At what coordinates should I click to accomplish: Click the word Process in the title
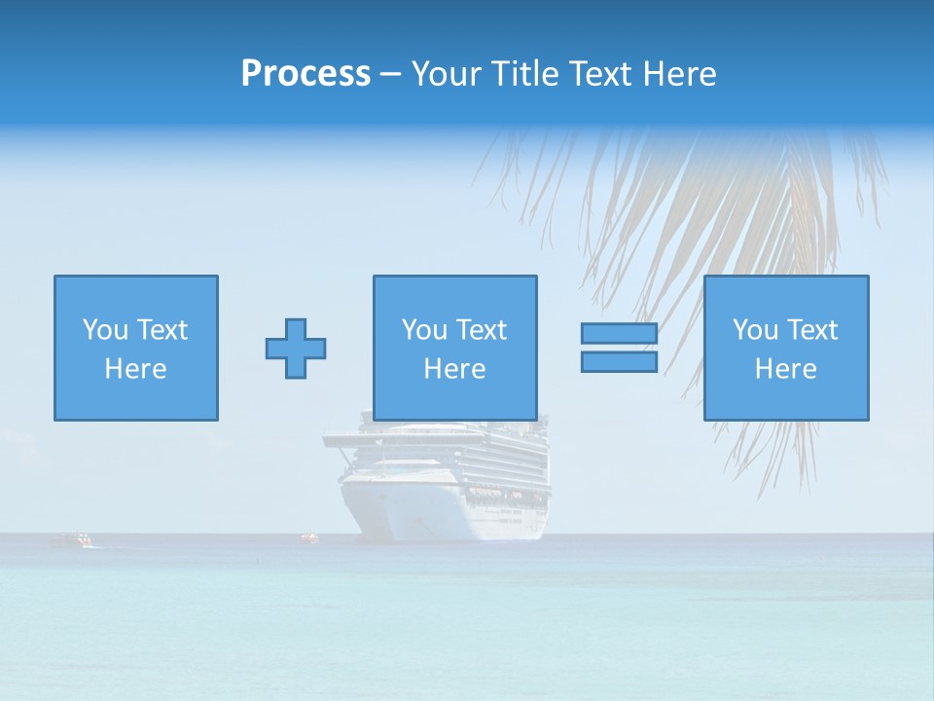305,74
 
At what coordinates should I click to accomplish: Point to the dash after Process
390,75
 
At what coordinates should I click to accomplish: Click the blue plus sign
296,349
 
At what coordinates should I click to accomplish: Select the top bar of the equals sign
619,334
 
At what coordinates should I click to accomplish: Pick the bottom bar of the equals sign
619,362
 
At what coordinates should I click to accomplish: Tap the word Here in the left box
135,369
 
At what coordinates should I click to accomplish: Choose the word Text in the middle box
481,330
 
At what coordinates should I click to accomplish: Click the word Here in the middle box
454,369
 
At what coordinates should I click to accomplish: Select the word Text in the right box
811,330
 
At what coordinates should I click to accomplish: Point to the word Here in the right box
785,369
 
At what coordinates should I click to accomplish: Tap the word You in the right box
754,330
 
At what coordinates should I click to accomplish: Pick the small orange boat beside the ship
309,536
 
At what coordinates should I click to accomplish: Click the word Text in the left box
162,330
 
